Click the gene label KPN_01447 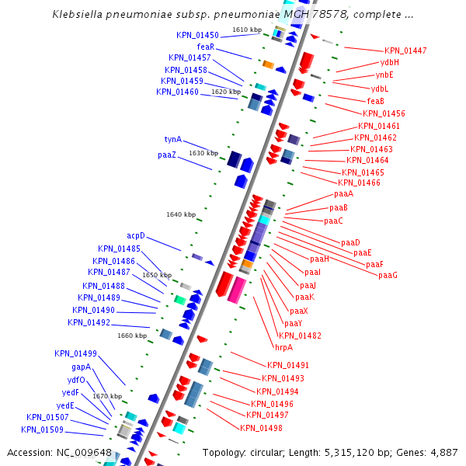coord(405,51)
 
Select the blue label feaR coord(205,47)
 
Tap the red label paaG coord(388,276)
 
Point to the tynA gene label coord(172,140)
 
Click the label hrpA coord(283,347)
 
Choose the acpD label coord(136,235)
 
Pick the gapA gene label coord(82,367)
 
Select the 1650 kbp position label coord(156,275)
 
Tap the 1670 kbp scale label coord(107,396)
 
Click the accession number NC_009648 coord(84,453)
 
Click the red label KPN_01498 coord(261,428)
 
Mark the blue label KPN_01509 coord(42,429)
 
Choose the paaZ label coord(167,155)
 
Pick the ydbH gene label coord(390,62)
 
